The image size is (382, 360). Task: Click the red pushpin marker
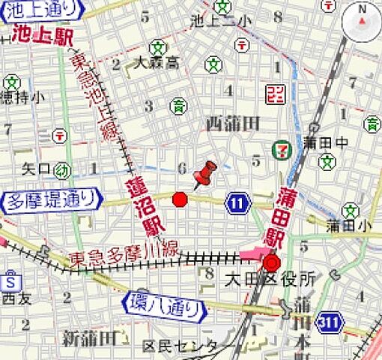pyautogui.click(x=204, y=174)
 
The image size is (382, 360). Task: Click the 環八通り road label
pyautogui.click(x=163, y=305)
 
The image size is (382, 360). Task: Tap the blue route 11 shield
pyautogui.click(x=238, y=202)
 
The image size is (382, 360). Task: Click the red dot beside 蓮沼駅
pyautogui.click(x=180, y=199)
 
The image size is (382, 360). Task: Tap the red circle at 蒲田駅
pyautogui.click(x=270, y=263)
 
